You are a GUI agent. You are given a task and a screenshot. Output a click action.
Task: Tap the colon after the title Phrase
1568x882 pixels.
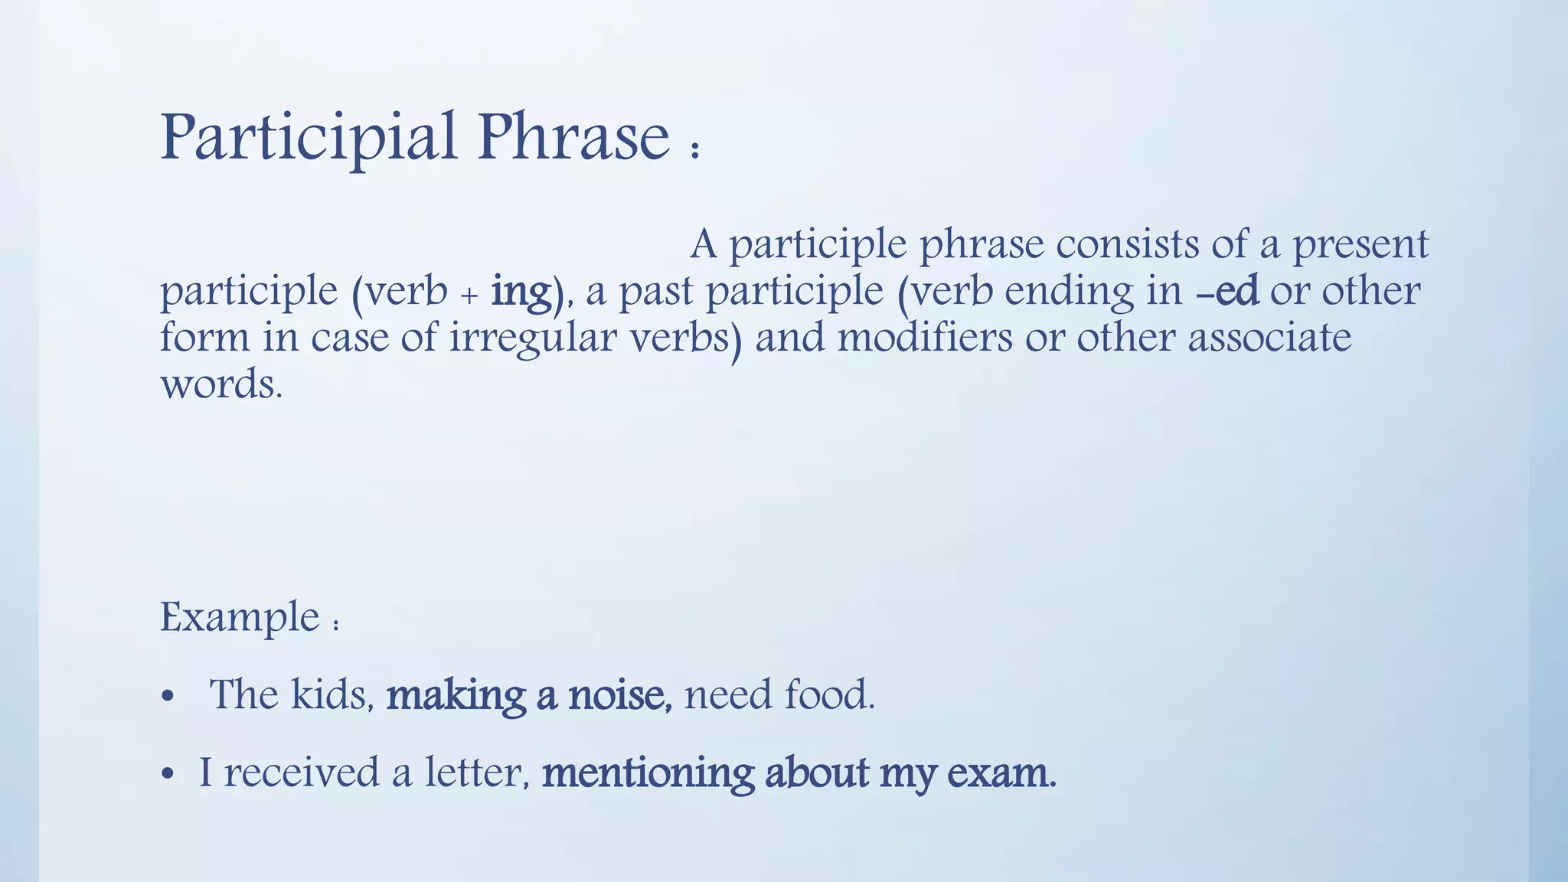(x=694, y=149)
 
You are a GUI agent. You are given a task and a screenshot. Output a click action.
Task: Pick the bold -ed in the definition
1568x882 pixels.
(x=1227, y=292)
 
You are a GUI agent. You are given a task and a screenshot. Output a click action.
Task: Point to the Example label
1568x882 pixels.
(x=240, y=617)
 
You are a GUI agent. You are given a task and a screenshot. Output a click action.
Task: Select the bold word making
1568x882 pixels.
(x=456, y=696)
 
